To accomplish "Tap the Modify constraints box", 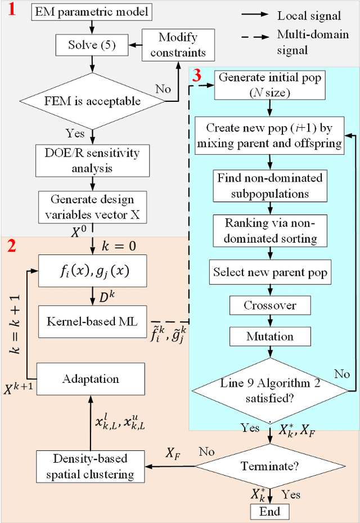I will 178,46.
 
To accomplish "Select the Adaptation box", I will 90,379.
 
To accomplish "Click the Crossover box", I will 270,306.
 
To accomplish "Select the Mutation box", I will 270,337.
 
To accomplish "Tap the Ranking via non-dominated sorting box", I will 270,230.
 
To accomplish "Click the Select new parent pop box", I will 270,273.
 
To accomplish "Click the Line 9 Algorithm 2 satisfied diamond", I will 270,390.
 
